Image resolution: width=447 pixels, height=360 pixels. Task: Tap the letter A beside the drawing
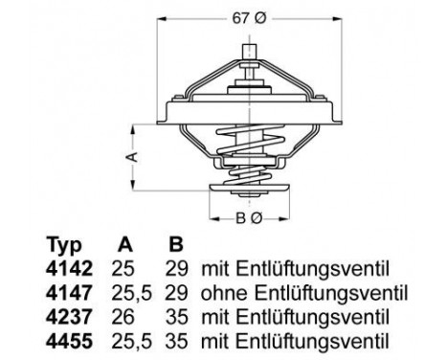(x=135, y=153)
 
